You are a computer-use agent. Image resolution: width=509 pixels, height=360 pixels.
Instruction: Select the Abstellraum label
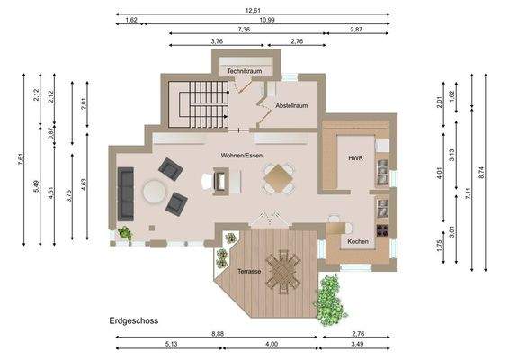tap(291, 106)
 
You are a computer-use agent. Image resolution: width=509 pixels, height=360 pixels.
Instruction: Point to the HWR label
tap(355, 158)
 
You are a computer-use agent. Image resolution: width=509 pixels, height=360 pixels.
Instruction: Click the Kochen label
tap(357, 242)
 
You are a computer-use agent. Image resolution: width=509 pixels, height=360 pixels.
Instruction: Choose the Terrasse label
tap(249, 270)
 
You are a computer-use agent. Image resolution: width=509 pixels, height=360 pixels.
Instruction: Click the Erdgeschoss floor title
tap(134, 319)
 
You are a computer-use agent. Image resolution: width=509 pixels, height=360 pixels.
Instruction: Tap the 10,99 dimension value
tap(266, 19)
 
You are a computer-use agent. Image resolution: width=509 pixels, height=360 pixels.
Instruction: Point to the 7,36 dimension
tap(244, 30)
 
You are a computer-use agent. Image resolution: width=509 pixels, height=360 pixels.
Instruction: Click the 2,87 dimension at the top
tap(357, 30)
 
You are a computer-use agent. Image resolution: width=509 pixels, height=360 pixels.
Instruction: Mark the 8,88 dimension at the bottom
tap(217, 334)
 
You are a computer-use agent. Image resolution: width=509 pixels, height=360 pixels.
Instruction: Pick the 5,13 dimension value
tap(171, 345)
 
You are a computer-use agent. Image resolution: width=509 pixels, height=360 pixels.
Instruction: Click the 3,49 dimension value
tap(356, 345)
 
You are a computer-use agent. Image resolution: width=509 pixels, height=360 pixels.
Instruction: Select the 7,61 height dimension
tap(21, 159)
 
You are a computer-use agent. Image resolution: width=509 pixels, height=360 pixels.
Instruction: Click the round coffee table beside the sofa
tap(154, 192)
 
